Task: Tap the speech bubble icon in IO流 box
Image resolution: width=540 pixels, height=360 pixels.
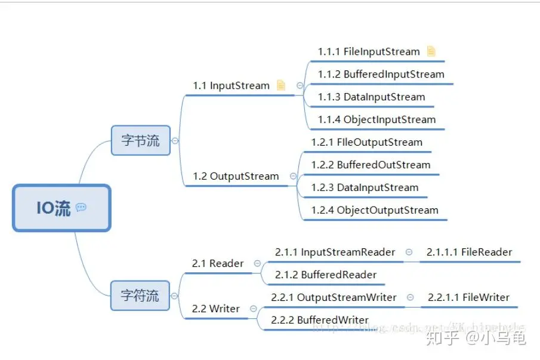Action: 81,207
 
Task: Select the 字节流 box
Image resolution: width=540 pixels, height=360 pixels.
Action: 141,141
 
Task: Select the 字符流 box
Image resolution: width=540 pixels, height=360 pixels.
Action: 140,296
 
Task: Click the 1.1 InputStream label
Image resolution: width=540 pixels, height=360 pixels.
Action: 231,85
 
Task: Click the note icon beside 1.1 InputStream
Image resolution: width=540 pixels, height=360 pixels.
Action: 281,85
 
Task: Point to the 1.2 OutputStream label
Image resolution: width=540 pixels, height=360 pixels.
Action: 236,176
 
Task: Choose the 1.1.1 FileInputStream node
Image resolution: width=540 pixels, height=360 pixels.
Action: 369,51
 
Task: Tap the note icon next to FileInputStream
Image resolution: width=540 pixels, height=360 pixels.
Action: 431,51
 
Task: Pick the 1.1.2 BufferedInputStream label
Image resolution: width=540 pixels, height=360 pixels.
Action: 381,74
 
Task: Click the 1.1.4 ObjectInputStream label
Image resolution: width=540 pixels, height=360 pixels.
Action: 377,119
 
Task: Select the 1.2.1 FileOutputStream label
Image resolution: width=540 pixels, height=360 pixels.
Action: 366,142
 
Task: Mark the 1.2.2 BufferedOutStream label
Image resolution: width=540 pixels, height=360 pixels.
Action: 371,165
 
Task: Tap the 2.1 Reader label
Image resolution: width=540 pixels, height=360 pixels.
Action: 218,263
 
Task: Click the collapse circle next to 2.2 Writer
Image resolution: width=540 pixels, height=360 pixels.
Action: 254,309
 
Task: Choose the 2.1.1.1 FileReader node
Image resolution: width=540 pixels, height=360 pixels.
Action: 469,252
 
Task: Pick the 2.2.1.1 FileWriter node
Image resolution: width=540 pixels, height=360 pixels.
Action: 468,297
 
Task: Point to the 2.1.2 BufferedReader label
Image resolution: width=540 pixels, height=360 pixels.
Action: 326,275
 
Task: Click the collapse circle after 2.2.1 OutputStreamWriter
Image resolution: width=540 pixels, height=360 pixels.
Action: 411,297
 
